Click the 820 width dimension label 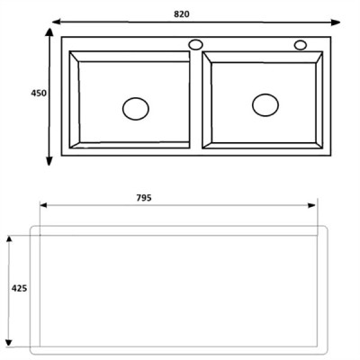click(x=182, y=14)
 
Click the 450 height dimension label click(x=39, y=94)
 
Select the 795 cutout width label click(x=144, y=198)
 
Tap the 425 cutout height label click(x=19, y=288)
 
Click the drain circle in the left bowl click(x=136, y=109)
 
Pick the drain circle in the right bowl click(x=265, y=105)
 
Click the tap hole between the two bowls click(x=195, y=45)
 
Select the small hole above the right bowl click(x=301, y=45)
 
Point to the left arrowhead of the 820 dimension click(x=57, y=22)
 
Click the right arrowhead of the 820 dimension click(x=336, y=22)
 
